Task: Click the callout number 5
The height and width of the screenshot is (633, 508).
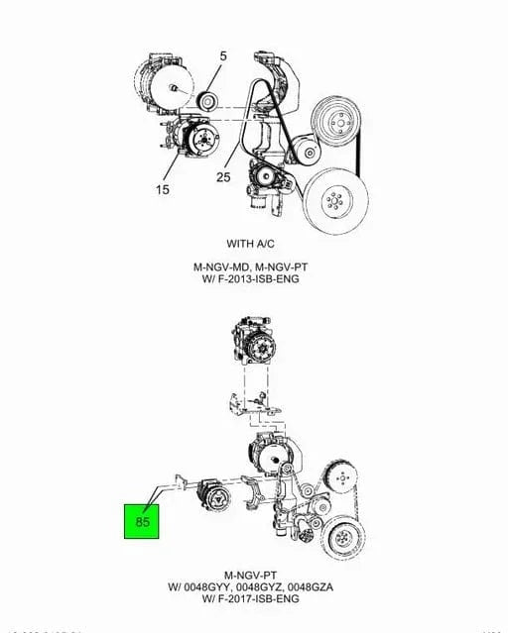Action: (x=223, y=56)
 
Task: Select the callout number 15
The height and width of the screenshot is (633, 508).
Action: (x=162, y=189)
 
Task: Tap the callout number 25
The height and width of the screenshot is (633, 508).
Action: (x=223, y=177)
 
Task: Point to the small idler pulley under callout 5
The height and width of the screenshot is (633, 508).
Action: (x=207, y=99)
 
